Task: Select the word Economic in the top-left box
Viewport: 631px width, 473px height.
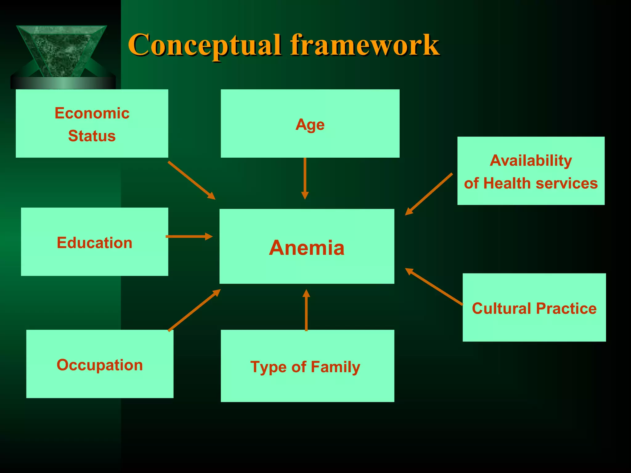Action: [92, 113]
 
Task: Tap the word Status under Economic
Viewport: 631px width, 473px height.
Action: [92, 136]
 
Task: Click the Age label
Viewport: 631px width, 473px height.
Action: [310, 125]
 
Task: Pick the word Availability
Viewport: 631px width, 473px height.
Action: [531, 160]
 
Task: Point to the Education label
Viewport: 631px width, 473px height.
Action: [94, 243]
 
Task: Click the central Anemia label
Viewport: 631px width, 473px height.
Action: [307, 248]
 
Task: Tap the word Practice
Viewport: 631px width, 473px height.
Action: [566, 308]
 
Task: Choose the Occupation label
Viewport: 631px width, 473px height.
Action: [100, 365]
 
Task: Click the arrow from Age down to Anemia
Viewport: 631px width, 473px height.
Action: [305, 179]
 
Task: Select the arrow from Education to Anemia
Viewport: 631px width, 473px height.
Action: [189, 236]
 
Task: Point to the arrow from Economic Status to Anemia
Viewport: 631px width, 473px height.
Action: [191, 180]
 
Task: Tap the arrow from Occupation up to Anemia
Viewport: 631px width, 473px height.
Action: [194, 310]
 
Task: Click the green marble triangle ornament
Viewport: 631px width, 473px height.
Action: [62, 51]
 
